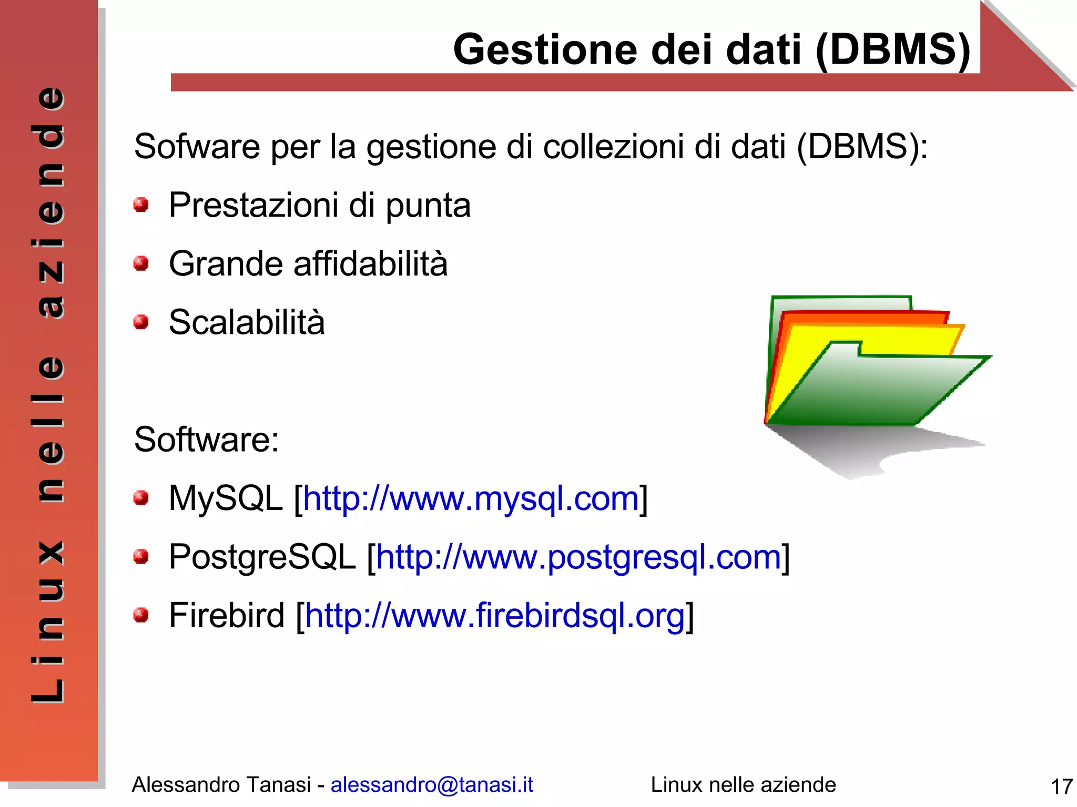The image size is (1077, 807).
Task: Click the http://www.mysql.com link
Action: tap(471, 498)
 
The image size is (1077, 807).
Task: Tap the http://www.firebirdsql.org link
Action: tap(495, 616)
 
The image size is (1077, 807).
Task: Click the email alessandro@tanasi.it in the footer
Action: tap(432, 785)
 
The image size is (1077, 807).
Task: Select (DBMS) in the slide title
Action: tap(893, 49)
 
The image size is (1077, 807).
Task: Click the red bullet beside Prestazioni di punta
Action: tap(141, 205)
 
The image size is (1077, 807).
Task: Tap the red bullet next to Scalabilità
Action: tap(141, 321)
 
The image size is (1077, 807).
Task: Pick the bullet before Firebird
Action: tap(141, 615)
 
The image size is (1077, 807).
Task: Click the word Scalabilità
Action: tap(247, 322)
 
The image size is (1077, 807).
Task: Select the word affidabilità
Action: tap(370, 263)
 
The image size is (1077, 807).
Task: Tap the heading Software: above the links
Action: tap(206, 440)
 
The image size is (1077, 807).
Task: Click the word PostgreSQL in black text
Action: tap(262, 557)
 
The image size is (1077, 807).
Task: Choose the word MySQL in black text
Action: tap(226, 498)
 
